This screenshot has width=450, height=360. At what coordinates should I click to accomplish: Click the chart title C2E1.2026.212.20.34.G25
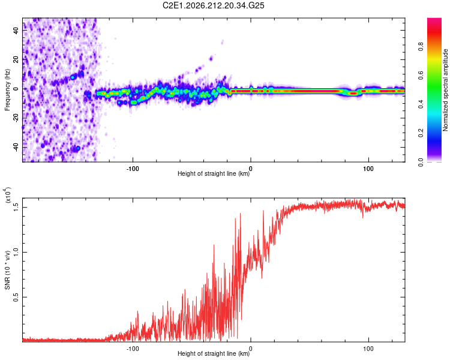pos(213,5)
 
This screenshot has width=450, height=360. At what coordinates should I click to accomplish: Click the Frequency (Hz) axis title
pos(7,90)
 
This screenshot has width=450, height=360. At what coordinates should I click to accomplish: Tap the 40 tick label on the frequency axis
pos(16,31)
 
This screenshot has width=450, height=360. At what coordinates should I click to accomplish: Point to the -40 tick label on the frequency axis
pos(16,148)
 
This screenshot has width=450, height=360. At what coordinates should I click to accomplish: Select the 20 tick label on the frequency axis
pos(16,60)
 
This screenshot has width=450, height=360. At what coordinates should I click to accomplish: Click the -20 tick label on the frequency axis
pos(16,118)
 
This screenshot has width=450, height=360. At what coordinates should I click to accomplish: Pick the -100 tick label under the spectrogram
pos(133,169)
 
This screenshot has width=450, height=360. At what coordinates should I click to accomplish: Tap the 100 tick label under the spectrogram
pos(368,169)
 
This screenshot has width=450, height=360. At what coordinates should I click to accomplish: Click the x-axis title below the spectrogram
pos(214,173)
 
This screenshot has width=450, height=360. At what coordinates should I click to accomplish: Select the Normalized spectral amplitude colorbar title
pos(445,90)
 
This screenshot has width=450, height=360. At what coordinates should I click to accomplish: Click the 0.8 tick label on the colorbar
pos(421,47)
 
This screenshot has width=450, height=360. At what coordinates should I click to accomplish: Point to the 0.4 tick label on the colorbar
pos(421,104)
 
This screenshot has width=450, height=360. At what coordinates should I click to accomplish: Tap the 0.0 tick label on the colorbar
pos(421,162)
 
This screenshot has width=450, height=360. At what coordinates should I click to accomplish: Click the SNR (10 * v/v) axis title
pos(7,270)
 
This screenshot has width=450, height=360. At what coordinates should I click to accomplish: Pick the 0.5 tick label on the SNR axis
pos(16,297)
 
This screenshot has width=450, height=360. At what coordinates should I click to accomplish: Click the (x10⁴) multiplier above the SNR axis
pos(8,195)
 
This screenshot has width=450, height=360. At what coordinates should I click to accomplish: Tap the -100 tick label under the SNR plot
pos(133,349)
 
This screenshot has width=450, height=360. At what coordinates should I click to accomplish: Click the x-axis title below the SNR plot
pos(214,353)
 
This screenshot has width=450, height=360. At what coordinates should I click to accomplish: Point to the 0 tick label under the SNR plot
pos(251,349)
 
